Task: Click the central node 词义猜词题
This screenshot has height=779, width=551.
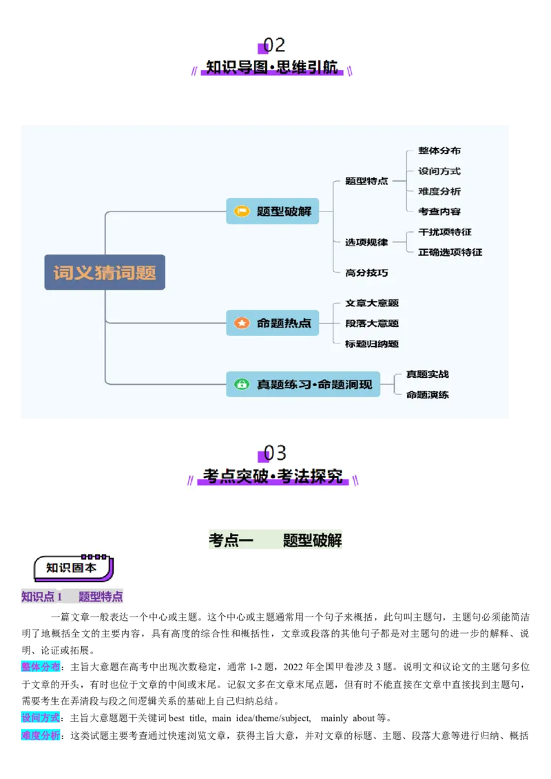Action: point(105,273)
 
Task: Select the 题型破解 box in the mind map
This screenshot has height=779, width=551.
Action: point(272,211)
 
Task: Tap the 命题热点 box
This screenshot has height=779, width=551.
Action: point(272,323)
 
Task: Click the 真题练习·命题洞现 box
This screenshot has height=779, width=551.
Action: point(303,384)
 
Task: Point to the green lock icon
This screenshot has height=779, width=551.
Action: point(242,384)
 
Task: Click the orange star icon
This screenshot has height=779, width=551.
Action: point(242,323)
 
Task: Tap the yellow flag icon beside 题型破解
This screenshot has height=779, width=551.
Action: point(242,211)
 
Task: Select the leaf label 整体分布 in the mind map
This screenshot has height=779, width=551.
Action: point(439,151)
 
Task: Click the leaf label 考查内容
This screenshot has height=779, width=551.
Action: point(439,211)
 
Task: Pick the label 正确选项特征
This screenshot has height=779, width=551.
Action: point(450,252)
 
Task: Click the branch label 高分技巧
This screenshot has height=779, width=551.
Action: point(366,273)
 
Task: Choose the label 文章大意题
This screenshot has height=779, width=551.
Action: point(372,303)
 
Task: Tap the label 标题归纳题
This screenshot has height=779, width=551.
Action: point(372,343)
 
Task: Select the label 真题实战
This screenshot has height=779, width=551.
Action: point(427,374)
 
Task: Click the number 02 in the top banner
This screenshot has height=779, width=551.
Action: point(275,45)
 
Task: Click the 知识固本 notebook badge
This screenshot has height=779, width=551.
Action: point(72,568)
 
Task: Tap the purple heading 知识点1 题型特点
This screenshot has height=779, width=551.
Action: point(72,597)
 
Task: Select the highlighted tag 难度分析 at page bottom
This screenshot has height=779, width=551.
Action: point(39,735)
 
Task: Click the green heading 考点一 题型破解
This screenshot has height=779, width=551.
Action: point(275,540)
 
